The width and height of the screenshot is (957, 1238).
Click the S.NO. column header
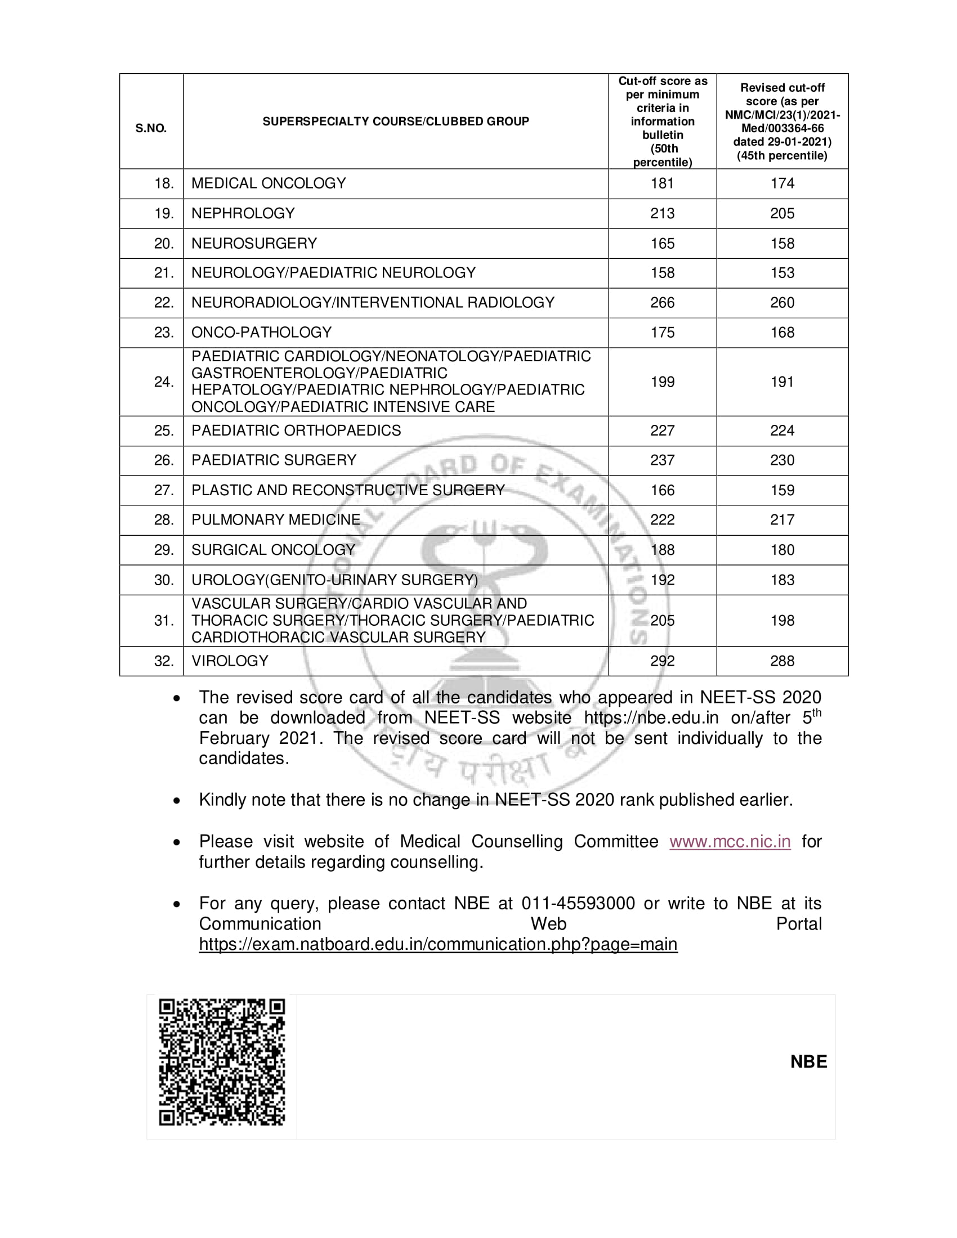tap(151, 128)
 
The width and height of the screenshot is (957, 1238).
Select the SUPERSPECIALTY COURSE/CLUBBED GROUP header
tap(396, 122)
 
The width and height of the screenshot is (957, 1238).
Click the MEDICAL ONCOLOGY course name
tap(268, 183)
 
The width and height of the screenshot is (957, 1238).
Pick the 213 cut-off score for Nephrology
tap(662, 213)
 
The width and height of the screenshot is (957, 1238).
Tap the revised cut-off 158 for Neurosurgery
tap(782, 243)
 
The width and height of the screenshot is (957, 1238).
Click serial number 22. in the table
tap(164, 303)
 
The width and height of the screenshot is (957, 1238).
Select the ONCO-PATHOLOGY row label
tap(261, 332)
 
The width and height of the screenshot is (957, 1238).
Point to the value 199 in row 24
tap(662, 382)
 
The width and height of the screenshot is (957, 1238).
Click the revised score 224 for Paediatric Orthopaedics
tap(782, 430)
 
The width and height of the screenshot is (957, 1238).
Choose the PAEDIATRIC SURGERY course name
tap(274, 460)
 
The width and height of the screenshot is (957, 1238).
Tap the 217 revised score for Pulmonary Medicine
tap(782, 519)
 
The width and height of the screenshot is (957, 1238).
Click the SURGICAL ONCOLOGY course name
tap(272, 549)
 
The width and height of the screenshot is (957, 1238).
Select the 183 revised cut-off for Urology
tap(782, 579)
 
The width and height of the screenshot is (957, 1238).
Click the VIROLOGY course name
tap(230, 661)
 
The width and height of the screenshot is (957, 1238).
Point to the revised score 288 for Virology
tap(782, 661)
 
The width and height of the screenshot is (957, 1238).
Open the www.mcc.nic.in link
tap(730, 841)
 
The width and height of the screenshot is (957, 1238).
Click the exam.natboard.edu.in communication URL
tap(437, 944)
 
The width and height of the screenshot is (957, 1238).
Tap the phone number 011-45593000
tap(578, 903)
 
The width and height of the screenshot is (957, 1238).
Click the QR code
tap(222, 1062)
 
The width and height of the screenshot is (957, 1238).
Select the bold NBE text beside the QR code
tap(808, 1062)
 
